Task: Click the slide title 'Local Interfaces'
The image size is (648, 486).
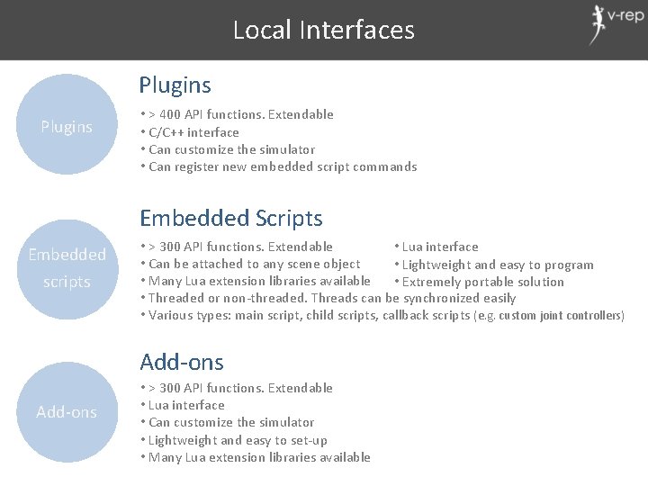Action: click(x=324, y=30)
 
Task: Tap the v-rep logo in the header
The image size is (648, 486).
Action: click(x=616, y=24)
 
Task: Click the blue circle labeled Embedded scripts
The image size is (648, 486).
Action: click(x=67, y=268)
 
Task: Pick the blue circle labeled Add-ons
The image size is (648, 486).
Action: click(x=67, y=412)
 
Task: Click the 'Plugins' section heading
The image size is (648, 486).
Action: click(x=175, y=85)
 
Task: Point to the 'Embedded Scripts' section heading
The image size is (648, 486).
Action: click(x=230, y=218)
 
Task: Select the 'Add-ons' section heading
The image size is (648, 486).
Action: click(x=182, y=362)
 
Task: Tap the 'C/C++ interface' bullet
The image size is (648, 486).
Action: click(x=193, y=132)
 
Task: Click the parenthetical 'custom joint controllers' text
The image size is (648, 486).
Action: click(x=560, y=316)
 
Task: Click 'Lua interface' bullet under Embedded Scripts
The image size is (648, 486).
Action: click(x=440, y=247)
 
